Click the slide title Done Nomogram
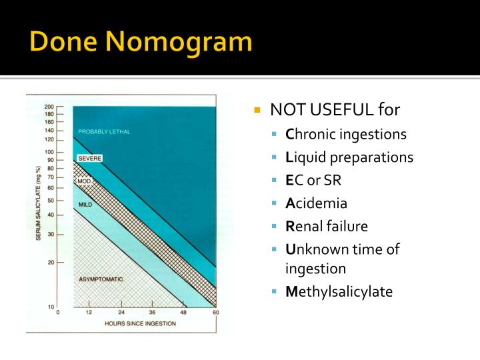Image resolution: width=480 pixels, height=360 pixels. pos(141,42)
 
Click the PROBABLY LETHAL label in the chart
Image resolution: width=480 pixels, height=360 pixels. pos(104,132)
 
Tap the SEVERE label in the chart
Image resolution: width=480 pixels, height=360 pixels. pos(89,159)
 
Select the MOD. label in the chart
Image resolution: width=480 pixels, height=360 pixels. pos(83,181)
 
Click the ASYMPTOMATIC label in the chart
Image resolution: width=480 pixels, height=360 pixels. pos(101,279)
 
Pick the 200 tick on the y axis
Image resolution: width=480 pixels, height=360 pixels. pos(49,107)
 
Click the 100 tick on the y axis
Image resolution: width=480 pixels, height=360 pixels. pos(49,152)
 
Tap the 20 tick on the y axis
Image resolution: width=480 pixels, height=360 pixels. pos(51,262)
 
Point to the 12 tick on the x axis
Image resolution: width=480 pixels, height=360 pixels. pos(89,312)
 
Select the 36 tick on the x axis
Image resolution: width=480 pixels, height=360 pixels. pos(153,312)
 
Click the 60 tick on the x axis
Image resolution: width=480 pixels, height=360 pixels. pos(215,312)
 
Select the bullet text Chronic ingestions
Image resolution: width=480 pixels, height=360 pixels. pos(346,134)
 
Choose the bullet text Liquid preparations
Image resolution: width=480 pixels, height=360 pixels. pos(349,157)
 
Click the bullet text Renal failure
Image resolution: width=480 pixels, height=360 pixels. pos(327,226)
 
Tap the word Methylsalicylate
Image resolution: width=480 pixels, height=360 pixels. pos(339,292)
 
